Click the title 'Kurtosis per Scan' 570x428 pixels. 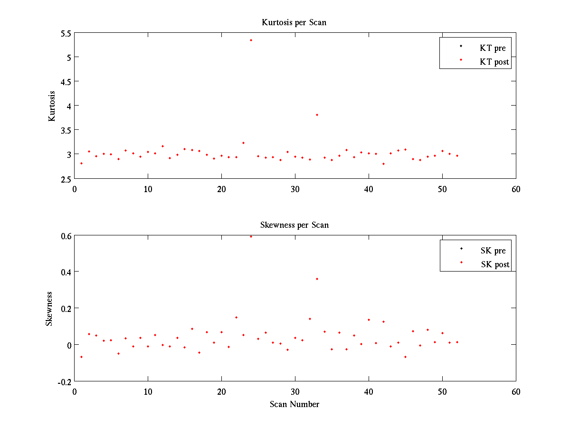tap(294, 22)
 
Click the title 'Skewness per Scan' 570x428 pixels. tap(294, 225)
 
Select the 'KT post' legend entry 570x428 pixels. tap(494, 62)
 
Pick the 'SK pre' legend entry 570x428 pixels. tap(493, 251)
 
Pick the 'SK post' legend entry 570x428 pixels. tap(495, 264)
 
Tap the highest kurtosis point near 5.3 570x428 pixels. tap(251, 40)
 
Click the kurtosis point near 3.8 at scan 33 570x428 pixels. tap(317, 115)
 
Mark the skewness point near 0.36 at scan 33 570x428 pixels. tap(317, 279)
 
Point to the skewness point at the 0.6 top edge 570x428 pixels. tap(251, 236)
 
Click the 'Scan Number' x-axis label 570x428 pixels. tap(294, 404)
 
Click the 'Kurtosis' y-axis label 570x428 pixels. tap(52, 106)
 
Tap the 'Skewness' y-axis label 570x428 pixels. tap(49, 309)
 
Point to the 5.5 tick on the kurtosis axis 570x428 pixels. tap(66, 33)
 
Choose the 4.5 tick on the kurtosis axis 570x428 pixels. tap(66, 81)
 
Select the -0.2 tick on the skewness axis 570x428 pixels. tap(65, 381)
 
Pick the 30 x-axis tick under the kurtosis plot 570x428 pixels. tap(295, 189)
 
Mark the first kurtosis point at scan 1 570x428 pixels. tap(81, 163)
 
